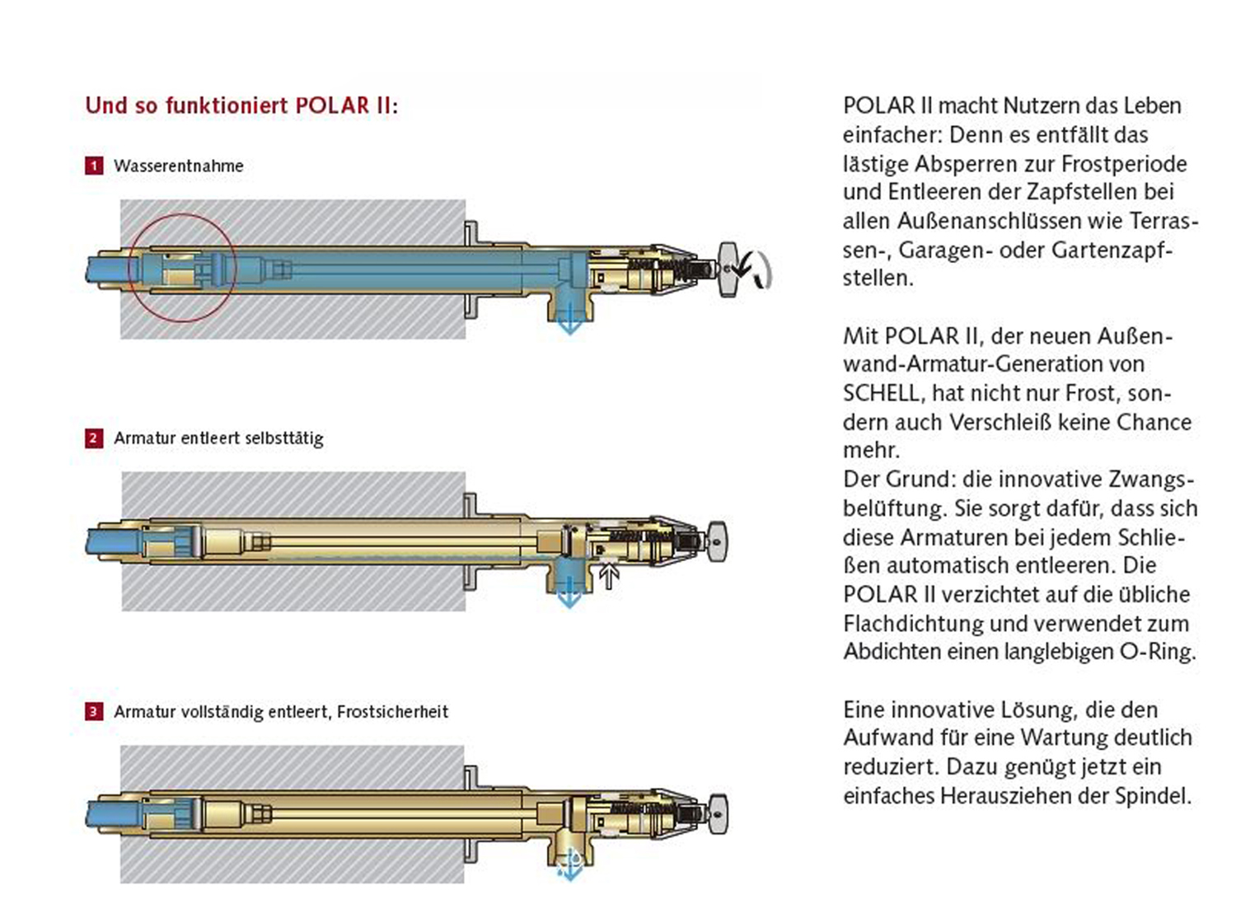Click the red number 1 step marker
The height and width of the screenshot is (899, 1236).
(94, 166)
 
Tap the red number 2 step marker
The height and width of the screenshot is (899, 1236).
(94, 438)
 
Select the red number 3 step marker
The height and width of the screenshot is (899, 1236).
(94, 712)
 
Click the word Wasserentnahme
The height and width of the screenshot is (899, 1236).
(179, 166)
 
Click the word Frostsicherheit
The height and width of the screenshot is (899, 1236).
(392, 712)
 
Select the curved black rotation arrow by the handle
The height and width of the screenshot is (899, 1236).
(757, 270)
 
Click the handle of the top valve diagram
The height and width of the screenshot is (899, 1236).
(727, 270)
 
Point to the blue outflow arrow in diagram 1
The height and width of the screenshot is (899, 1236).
(569, 322)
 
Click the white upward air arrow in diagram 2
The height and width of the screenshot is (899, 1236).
(609, 575)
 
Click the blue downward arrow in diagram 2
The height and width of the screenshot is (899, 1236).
(569, 595)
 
